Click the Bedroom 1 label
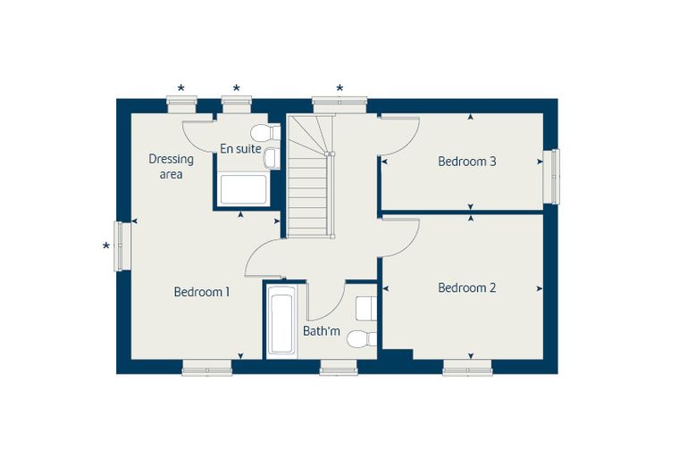coord(201,292)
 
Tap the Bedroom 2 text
coord(466,287)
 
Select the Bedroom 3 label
coord(466,162)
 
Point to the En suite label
coord(240,149)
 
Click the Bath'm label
coord(322,331)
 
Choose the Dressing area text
coord(171,167)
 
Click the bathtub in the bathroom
coord(281,320)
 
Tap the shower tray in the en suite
coord(243,189)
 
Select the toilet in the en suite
coord(265,132)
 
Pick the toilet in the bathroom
coord(362,339)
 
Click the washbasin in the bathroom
coord(366,309)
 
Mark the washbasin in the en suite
coord(272,157)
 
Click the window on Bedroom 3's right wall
coord(552,176)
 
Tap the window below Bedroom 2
coord(467,368)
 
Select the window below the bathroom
coord(339,368)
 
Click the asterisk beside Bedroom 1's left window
coord(105,246)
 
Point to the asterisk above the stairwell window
coord(339,88)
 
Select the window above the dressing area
coord(182,104)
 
